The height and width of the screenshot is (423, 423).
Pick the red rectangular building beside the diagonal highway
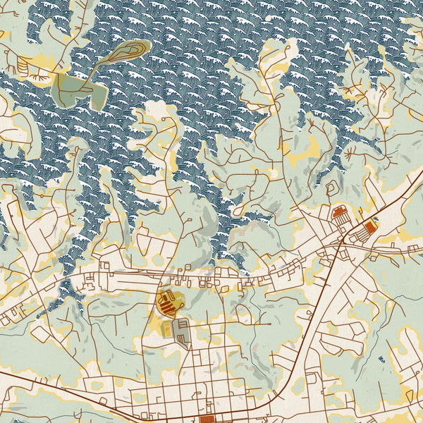click(x=367, y=228)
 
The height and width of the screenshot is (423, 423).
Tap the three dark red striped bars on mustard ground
click(x=167, y=304)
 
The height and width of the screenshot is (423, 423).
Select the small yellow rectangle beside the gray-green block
click(x=167, y=329)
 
